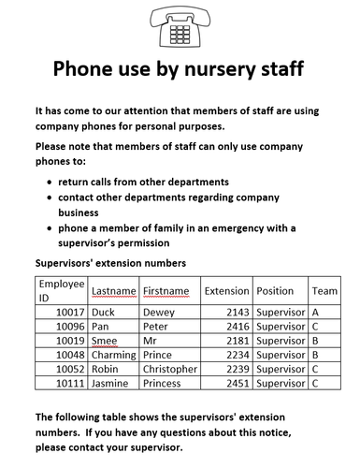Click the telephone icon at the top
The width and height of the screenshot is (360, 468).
click(180, 26)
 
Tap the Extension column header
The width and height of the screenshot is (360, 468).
click(226, 291)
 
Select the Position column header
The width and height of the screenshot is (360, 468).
click(275, 291)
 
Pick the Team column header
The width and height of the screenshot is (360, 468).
click(324, 291)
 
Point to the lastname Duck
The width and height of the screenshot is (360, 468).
click(103, 313)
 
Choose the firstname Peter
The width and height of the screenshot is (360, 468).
click(155, 327)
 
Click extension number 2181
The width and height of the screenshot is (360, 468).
click(238, 341)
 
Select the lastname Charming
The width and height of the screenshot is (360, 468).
click(113, 355)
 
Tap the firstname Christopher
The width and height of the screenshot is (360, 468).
click(170, 369)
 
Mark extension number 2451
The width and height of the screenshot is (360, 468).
click(238, 383)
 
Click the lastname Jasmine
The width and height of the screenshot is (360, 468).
click(111, 383)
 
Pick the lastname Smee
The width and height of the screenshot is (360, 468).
click(105, 341)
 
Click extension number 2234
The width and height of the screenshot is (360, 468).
click(238, 355)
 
